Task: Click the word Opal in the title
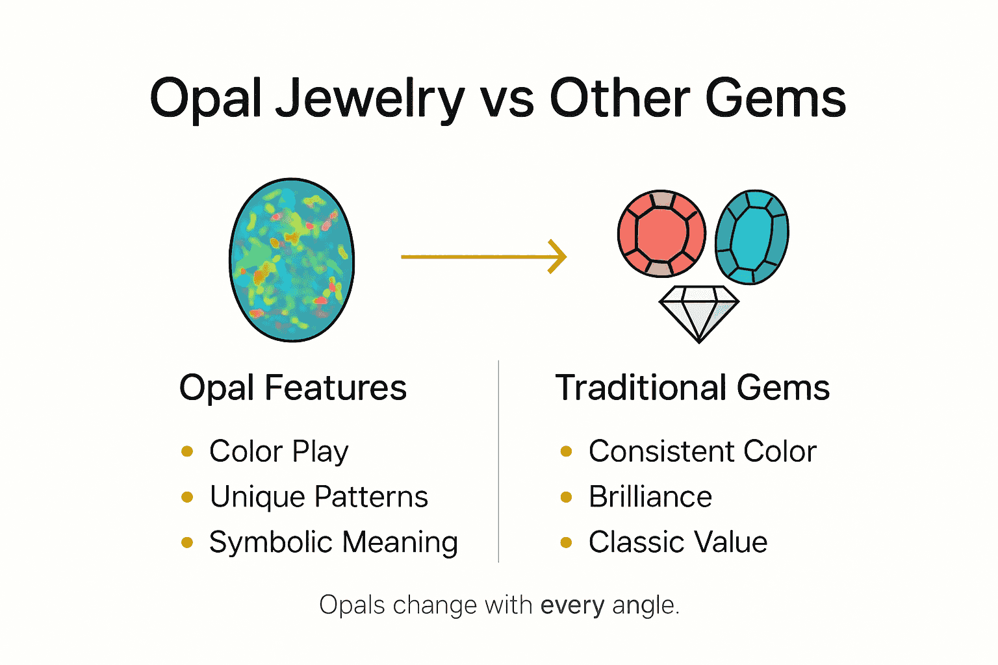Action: tap(206, 99)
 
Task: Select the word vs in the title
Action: tap(507, 100)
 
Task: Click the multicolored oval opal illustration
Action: tap(292, 260)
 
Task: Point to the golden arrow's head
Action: tap(559, 257)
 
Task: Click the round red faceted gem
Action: tap(661, 234)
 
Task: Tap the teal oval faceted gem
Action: tap(752, 237)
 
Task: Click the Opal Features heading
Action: tap(292, 388)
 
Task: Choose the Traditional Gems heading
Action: tap(692, 388)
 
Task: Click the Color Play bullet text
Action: tap(279, 451)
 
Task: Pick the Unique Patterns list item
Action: tap(318, 497)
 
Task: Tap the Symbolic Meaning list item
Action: tap(333, 542)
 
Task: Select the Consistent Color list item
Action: tap(702, 451)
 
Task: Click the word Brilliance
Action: tap(650, 497)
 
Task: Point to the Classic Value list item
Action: tap(678, 542)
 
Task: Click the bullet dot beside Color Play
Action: tap(187, 451)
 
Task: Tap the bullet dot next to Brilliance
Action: tap(566, 497)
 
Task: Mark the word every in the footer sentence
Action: tap(572, 605)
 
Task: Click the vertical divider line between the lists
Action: tap(498, 461)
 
